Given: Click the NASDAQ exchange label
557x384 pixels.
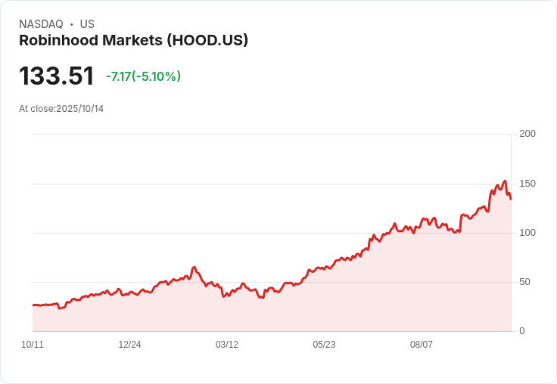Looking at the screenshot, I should tap(41, 24).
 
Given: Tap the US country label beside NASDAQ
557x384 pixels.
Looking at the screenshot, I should tap(87, 24).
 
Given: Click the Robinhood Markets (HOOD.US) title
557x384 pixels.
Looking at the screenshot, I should tap(133, 41).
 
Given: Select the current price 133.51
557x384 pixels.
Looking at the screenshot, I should tap(57, 76).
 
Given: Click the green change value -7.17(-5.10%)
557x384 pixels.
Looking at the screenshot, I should tap(143, 76).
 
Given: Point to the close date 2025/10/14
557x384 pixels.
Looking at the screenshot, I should tap(79, 109).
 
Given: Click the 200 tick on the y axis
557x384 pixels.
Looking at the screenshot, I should tap(527, 134).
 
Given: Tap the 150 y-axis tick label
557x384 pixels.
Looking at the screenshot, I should tap(527, 184).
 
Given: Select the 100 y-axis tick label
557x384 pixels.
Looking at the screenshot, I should tap(527, 233).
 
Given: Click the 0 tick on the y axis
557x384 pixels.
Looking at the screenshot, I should tap(521, 331).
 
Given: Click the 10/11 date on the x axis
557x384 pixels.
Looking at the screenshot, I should tap(33, 345).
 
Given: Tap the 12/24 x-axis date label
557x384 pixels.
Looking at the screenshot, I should tap(129, 345).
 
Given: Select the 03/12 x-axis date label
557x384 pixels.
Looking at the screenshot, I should tap(227, 345).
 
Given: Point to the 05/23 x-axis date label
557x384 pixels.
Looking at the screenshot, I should tap(324, 345).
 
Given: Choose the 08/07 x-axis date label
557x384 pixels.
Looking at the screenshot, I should tap(422, 345).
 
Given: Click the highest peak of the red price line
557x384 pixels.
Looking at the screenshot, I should tap(504, 181).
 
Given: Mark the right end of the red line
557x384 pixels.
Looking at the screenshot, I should tap(511, 199).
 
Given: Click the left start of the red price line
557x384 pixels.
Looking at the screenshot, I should tap(33, 305).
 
